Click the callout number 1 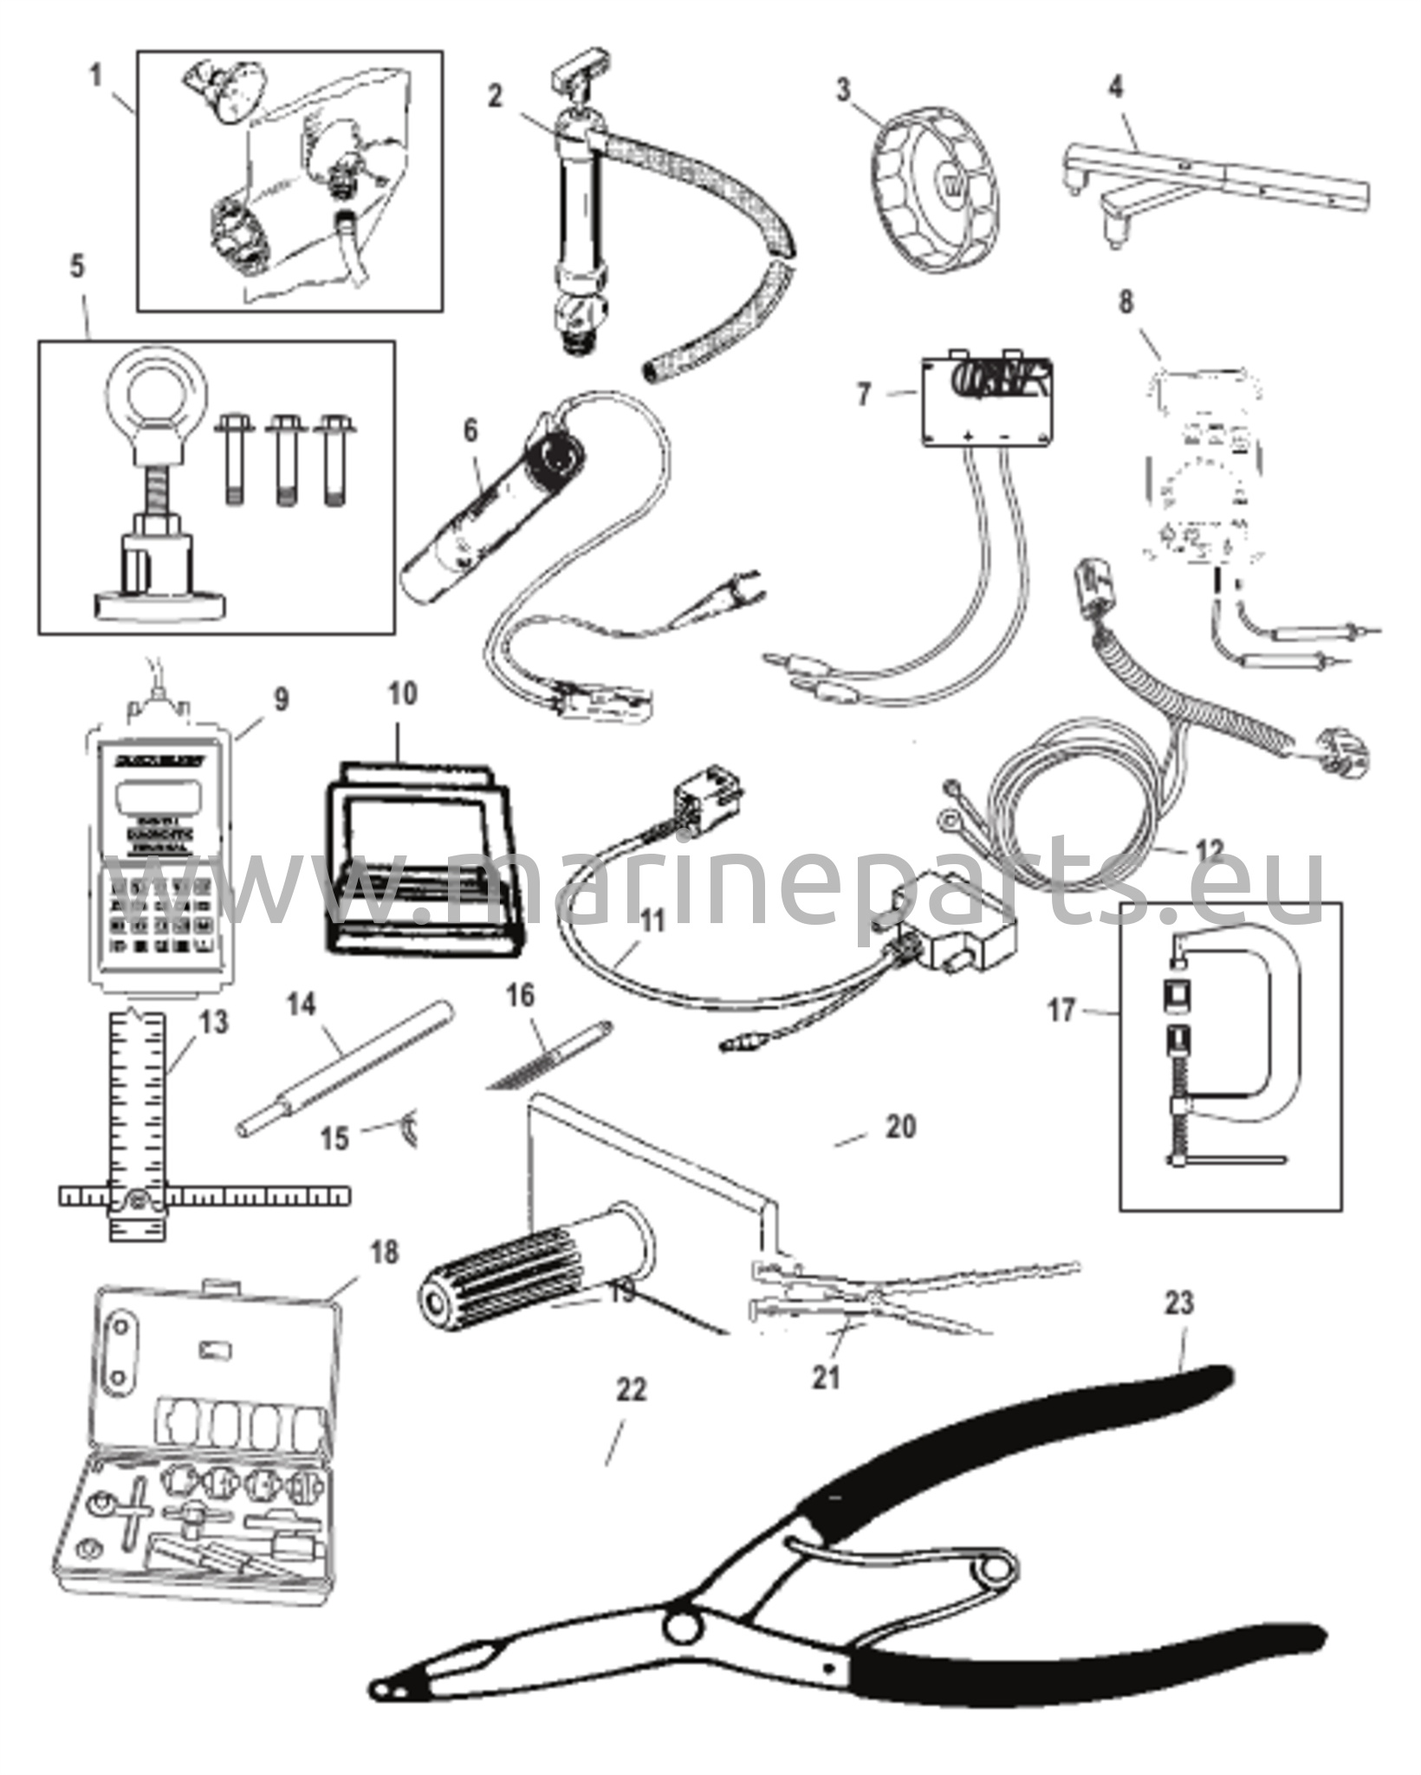click(96, 76)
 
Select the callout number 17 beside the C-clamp click(1061, 1010)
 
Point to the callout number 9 click(282, 699)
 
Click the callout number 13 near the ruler click(213, 1023)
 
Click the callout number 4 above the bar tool click(1117, 88)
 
